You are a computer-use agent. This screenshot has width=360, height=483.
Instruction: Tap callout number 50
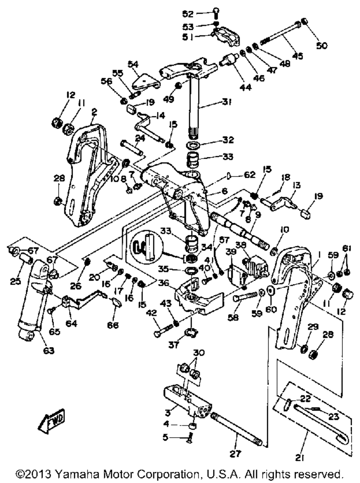click(322, 46)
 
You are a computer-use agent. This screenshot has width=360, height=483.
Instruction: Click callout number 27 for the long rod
click(235, 454)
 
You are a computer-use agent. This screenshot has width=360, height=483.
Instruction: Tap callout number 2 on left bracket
click(94, 112)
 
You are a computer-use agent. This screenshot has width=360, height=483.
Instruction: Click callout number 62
click(249, 175)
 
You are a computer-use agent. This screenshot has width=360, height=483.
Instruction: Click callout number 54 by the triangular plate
click(133, 64)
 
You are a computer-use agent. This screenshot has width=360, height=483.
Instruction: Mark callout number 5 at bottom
click(165, 437)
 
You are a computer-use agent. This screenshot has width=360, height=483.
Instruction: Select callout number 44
click(246, 87)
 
